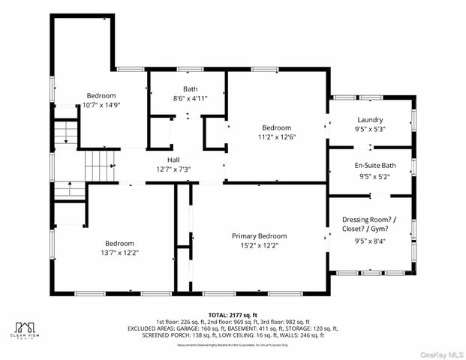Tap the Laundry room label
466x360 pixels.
tap(370, 120)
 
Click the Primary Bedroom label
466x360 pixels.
tap(259, 235)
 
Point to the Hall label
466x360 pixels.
tap(173, 160)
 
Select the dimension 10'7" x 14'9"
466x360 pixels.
tap(101, 105)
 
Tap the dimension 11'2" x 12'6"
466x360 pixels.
tap(277, 137)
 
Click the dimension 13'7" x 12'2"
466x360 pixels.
tap(120, 253)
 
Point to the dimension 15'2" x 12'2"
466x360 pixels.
tap(259, 245)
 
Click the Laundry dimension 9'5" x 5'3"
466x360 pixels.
tap(370, 130)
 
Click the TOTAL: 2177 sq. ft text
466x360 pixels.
tap(233, 314)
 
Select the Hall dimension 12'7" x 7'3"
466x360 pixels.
tap(173, 169)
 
